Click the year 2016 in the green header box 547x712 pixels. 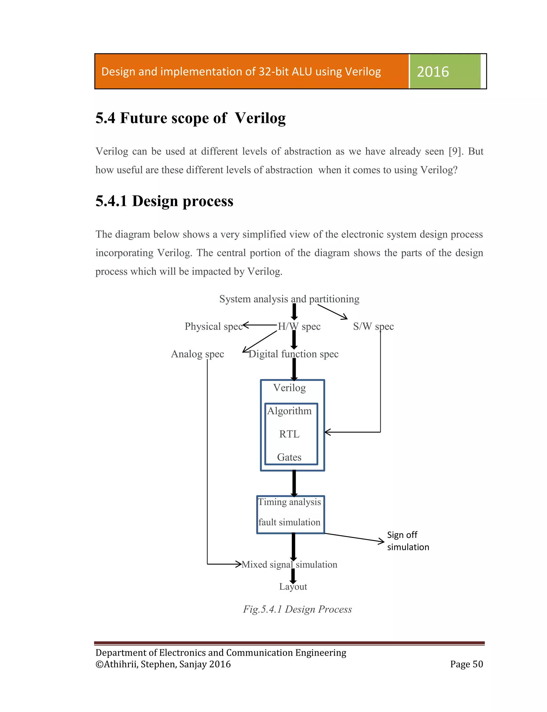(433, 72)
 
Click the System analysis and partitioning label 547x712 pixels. (289, 299)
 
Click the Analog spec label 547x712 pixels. (197, 354)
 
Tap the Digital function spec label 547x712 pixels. (293, 354)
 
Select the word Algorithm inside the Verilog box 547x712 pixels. (289, 411)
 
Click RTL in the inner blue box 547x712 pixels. (289, 434)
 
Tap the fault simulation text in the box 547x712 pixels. (289, 522)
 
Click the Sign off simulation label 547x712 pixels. (408, 541)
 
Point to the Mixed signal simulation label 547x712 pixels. (289, 564)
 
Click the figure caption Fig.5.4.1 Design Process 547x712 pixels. (297, 609)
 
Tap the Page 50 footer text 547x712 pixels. (466, 664)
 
